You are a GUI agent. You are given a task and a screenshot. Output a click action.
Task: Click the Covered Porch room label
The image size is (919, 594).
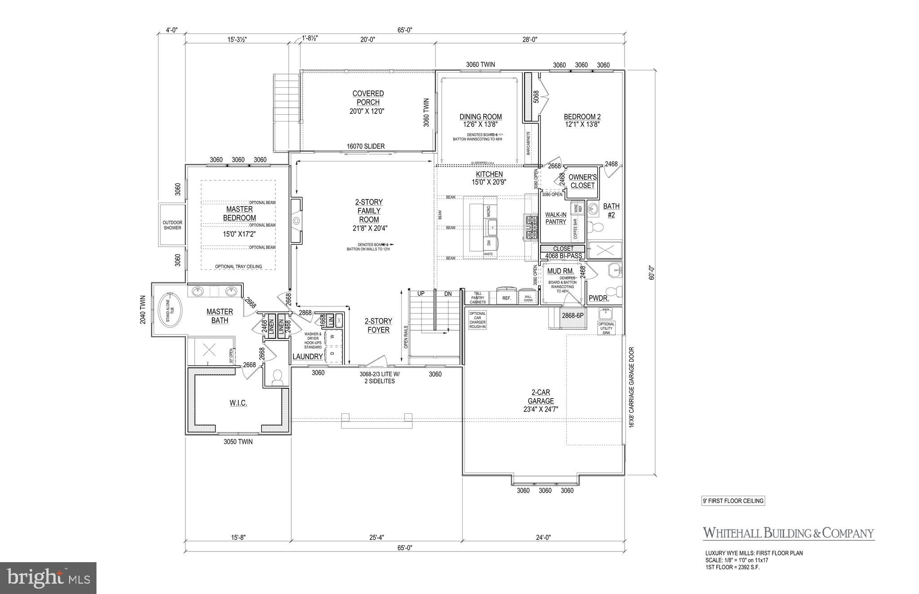tap(368, 98)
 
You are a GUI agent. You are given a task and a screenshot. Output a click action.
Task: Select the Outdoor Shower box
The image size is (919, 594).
tap(172, 225)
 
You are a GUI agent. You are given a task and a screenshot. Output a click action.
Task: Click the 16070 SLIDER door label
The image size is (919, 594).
tap(365, 146)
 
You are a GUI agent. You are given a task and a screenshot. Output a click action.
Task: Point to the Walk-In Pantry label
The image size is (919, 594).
tap(556, 218)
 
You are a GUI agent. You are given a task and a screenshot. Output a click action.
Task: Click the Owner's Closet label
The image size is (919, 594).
tap(582, 181)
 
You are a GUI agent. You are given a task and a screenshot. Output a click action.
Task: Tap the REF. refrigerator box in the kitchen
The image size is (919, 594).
tap(507, 298)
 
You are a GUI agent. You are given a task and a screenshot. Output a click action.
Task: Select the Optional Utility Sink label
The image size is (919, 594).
tap(606, 328)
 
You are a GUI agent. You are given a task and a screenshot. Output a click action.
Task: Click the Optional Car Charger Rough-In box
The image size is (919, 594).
tap(477, 320)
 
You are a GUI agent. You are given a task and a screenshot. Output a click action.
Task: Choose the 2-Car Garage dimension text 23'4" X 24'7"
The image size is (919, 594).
tap(540, 409)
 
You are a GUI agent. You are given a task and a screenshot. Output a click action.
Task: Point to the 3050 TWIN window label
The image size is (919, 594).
tap(238, 442)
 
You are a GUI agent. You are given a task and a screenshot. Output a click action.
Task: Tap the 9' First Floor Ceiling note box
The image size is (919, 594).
tap(733, 501)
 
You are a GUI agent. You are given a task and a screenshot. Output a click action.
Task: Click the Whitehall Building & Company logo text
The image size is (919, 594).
tap(788, 533)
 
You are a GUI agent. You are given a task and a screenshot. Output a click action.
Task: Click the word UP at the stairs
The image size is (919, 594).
tap(421, 294)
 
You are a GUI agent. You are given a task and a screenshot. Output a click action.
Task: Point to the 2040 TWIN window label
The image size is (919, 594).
tap(143, 309)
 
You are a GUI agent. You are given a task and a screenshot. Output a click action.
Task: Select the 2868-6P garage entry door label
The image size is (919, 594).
tap(573, 316)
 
